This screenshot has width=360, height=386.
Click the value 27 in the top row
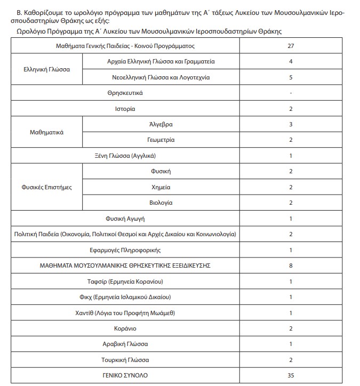[291, 46]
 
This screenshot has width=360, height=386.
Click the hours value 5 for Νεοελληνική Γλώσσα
[291, 77]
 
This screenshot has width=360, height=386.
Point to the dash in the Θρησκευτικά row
[291, 93]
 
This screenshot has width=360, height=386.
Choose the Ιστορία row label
[125, 109]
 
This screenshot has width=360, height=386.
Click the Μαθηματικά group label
[46, 132]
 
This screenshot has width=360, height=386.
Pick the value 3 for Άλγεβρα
[291, 124]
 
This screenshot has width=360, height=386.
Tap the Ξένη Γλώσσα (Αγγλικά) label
[125, 156]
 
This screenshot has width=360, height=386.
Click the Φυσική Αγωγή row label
[125, 219]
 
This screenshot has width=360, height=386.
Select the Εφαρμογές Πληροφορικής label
[125, 250]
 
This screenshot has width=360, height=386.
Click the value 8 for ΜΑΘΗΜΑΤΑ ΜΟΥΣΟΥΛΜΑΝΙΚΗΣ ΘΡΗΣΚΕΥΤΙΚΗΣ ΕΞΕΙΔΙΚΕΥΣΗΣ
[291, 266]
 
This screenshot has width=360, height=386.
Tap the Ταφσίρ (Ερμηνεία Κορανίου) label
[125, 281]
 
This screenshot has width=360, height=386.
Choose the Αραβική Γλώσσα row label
[125, 344]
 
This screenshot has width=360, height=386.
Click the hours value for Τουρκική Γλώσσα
[291, 360]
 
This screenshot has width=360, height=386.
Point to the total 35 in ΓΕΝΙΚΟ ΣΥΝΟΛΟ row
[291, 375]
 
